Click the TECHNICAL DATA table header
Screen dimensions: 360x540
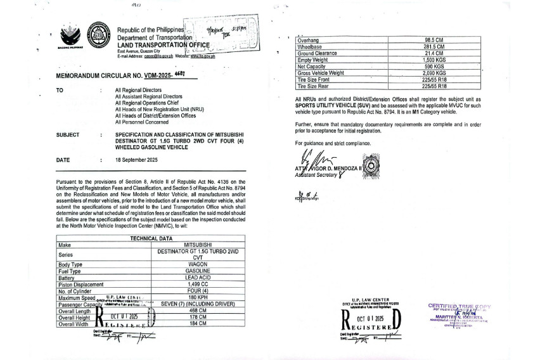point(151,238)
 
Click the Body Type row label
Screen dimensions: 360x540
point(70,264)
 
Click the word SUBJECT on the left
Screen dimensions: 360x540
point(68,135)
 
